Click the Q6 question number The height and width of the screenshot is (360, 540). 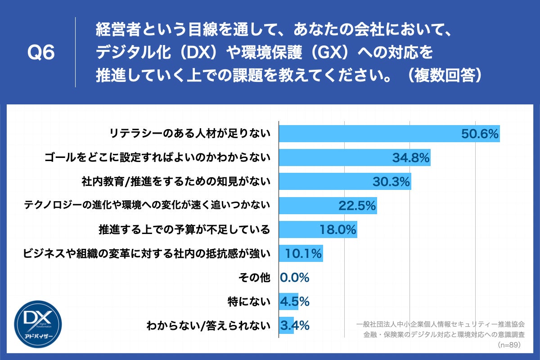41,53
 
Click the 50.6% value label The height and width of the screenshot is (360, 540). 480,134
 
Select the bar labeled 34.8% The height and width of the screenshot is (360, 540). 355,157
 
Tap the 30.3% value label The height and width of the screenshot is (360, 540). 391,182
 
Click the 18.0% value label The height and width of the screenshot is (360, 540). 338,230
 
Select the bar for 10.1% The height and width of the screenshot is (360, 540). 301,254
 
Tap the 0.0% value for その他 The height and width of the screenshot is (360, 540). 295,278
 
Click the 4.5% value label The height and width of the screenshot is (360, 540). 295,301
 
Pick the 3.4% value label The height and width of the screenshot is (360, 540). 295,325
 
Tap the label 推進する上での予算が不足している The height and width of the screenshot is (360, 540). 184,230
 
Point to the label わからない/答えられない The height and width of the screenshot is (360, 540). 208,325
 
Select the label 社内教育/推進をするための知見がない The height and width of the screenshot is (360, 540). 175,182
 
